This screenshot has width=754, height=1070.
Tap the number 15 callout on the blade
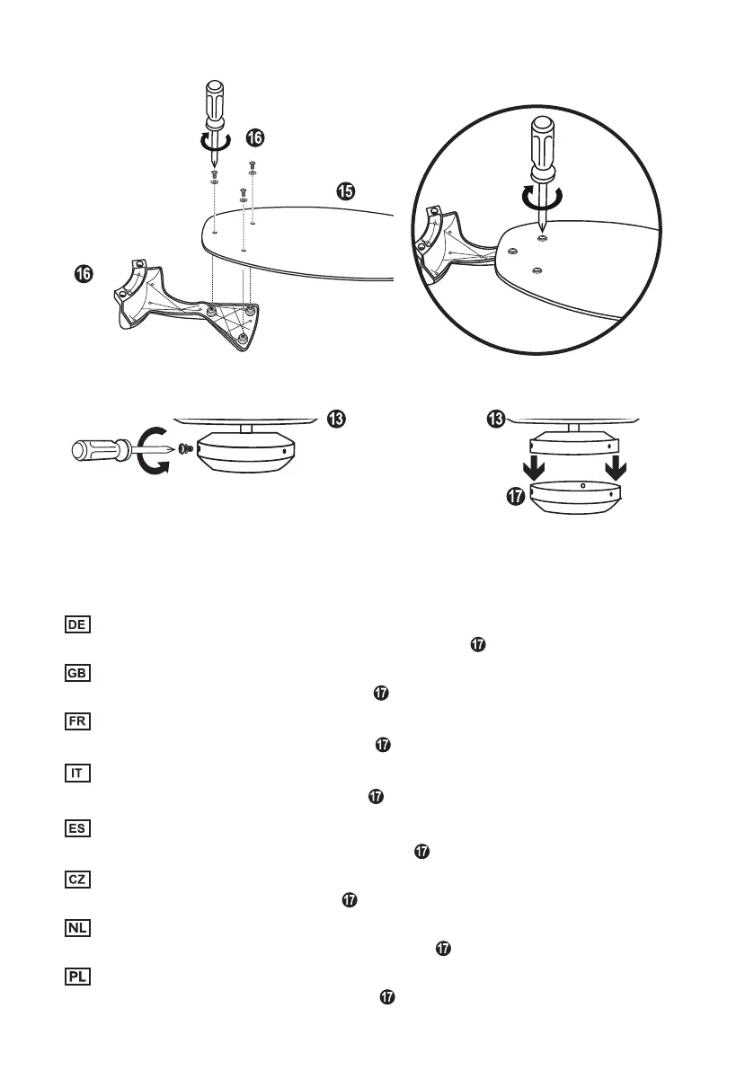pos(346,190)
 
